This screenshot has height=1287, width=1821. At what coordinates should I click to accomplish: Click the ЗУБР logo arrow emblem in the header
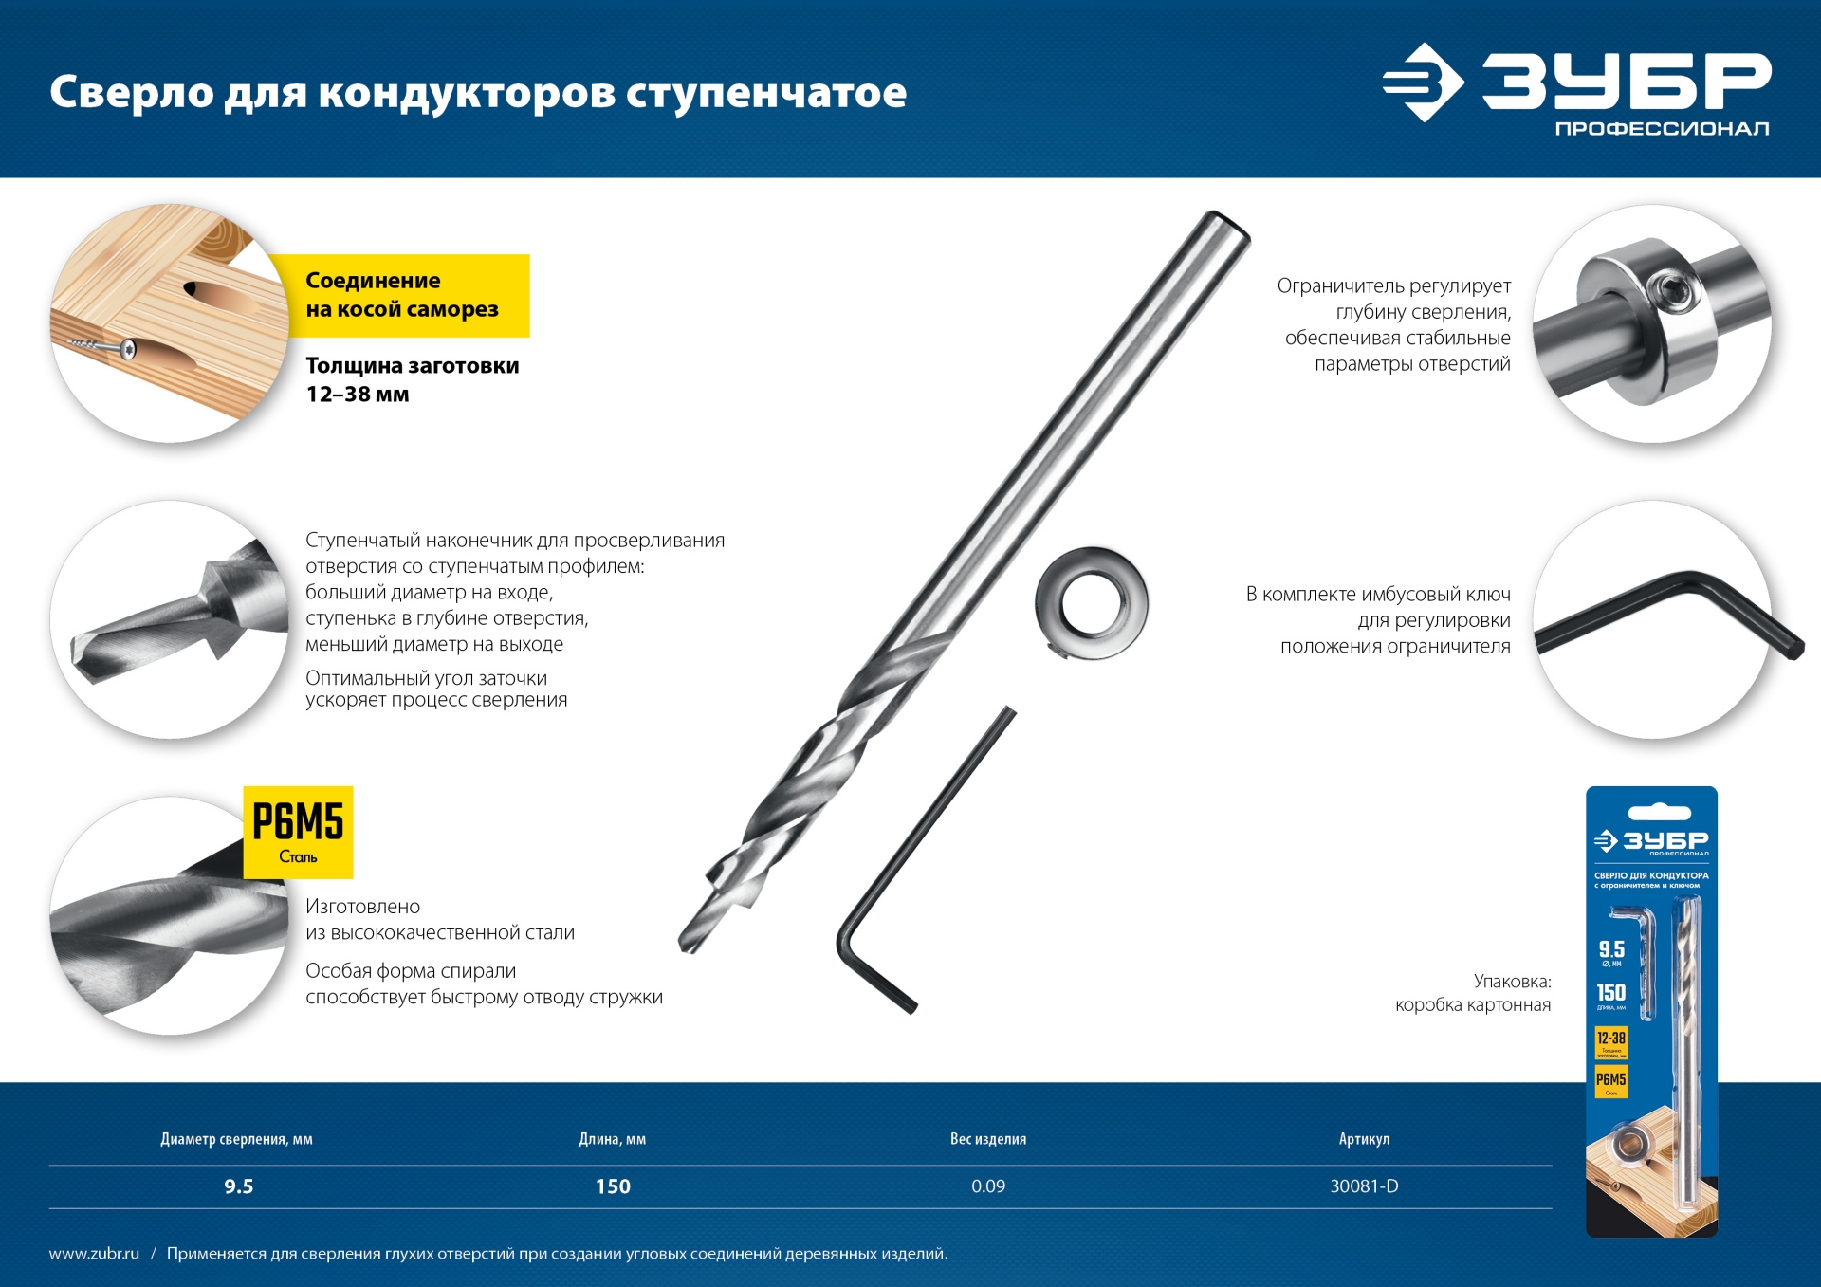point(1422,83)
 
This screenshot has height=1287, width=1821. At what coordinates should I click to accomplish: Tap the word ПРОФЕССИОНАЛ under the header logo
point(1662,129)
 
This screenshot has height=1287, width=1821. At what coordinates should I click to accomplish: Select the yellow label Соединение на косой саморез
point(402,295)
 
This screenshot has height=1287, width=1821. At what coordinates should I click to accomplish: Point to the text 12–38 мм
point(358,395)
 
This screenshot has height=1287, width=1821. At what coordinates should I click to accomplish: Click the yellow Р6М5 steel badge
point(298,832)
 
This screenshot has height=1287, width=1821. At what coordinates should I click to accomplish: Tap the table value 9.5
point(238,1186)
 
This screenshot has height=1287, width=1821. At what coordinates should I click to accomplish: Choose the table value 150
point(613,1186)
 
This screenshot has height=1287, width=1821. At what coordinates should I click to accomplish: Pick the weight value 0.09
point(987,1186)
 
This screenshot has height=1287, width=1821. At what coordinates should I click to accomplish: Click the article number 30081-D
point(1364,1186)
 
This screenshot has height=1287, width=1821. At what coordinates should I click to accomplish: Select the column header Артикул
point(1364,1139)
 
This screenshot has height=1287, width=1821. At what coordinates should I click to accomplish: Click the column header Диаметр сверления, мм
point(236,1139)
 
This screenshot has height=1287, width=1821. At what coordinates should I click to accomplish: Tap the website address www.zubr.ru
point(94,1254)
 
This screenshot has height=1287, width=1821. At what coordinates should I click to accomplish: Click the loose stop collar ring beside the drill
point(1091,603)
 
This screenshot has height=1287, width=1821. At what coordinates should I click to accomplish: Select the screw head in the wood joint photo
point(127,350)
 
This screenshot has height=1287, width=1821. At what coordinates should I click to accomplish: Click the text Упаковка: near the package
point(1512,982)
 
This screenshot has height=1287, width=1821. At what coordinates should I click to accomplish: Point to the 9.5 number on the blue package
point(1611,949)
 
